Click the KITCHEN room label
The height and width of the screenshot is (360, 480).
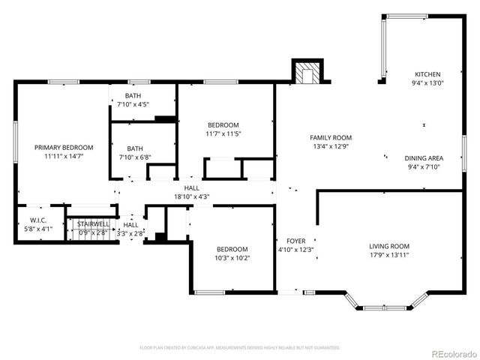[427, 74]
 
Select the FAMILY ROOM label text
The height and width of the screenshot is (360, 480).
[331, 137]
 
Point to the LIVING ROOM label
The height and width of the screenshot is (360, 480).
[388, 246]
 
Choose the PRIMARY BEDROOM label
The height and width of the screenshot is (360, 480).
[64, 147]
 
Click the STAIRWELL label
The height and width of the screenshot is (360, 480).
[94, 223]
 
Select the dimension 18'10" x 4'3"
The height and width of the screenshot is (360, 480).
[192, 196]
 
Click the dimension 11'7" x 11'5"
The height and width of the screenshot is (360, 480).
[223, 134]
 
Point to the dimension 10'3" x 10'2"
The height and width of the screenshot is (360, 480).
[232, 257]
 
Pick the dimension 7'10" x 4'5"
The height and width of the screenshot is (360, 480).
[133, 104]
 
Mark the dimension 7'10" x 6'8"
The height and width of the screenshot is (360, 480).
[135, 157]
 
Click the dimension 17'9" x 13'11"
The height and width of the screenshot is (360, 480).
[388, 255]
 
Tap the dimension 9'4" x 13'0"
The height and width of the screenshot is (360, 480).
[427, 83]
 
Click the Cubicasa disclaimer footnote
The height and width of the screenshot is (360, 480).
[240, 348]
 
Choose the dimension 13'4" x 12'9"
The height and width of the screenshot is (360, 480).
[331, 146]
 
